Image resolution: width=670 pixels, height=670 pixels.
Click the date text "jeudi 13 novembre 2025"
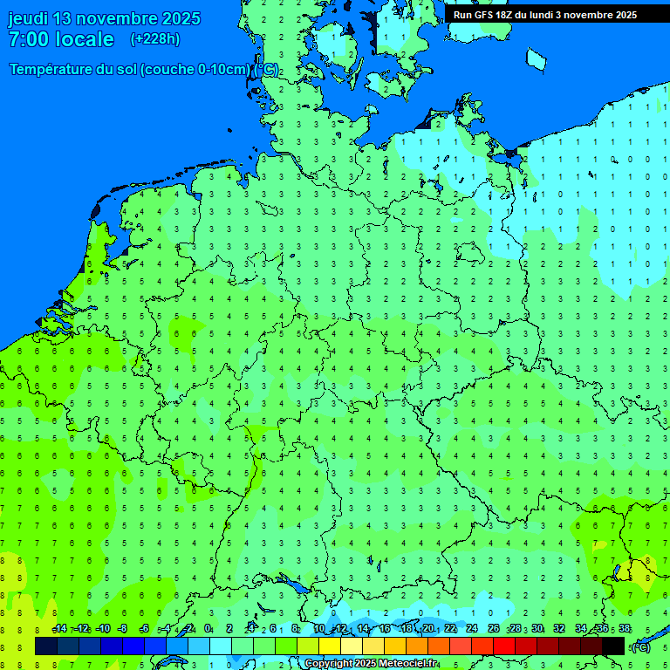coord(104,18)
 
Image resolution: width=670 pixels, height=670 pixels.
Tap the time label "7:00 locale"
coord(61,39)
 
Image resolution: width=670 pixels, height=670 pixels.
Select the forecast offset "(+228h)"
coord(154,39)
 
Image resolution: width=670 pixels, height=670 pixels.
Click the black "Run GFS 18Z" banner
coord(544,15)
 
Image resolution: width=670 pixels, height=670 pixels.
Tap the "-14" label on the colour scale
coord(59,629)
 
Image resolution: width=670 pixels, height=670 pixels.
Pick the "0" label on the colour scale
coord(208,629)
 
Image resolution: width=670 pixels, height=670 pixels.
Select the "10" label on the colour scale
coord(319,629)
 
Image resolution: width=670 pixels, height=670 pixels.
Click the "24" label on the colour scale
coord(472,629)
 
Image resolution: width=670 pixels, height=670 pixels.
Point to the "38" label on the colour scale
coord(625,629)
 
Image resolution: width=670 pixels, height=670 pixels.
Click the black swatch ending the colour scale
coord(613,646)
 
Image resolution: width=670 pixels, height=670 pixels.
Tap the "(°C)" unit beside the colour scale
coord(641,646)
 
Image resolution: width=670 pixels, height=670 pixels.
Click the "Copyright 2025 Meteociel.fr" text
coord(372,664)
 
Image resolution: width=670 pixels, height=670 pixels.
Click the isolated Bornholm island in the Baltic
coord(536,58)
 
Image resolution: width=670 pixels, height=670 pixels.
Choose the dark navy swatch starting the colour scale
coord(46,646)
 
